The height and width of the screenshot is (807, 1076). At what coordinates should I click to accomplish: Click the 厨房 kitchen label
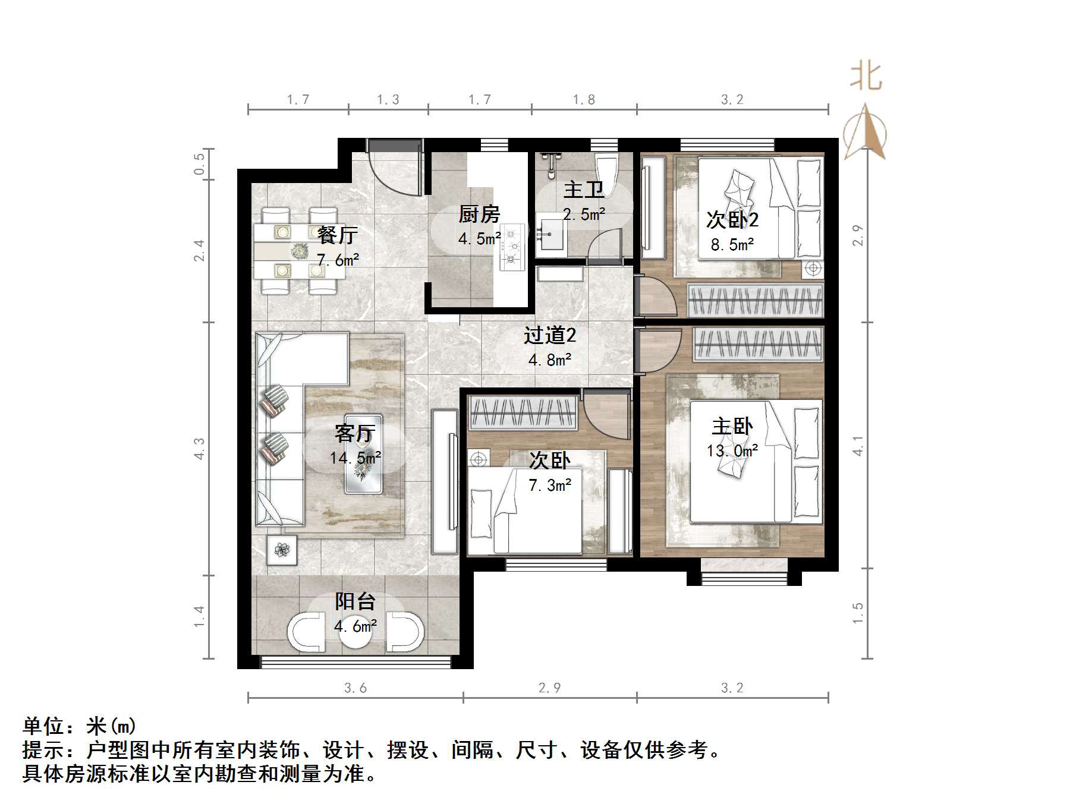pyautogui.click(x=479, y=214)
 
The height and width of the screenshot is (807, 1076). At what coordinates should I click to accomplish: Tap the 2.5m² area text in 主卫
pyautogui.click(x=584, y=215)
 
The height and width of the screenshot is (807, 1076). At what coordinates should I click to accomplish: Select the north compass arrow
pyautogui.click(x=865, y=132)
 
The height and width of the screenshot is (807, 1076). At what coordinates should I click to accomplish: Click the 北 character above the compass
pyautogui.click(x=866, y=77)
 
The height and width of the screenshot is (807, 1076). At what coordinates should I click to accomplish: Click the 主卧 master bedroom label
pyautogui.click(x=732, y=426)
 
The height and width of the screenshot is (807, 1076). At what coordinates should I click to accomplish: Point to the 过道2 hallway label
pyautogui.click(x=549, y=336)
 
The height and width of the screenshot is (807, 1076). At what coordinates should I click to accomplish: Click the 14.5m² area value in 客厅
pyautogui.click(x=355, y=458)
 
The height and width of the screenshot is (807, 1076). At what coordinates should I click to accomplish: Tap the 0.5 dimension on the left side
pyautogui.click(x=200, y=164)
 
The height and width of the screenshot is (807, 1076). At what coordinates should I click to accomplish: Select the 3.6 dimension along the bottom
pyautogui.click(x=355, y=688)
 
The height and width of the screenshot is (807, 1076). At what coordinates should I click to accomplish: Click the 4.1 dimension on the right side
pyautogui.click(x=857, y=446)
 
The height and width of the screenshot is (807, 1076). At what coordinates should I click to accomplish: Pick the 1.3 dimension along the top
pyautogui.click(x=388, y=100)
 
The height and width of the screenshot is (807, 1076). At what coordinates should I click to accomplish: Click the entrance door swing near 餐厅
pyautogui.click(x=389, y=172)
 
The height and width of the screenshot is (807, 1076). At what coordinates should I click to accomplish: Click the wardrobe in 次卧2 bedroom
pyautogui.click(x=756, y=301)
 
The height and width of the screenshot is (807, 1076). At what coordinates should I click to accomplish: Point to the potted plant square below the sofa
pyautogui.click(x=282, y=550)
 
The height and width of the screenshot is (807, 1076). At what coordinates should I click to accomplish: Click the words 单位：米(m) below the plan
pyautogui.click(x=80, y=727)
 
